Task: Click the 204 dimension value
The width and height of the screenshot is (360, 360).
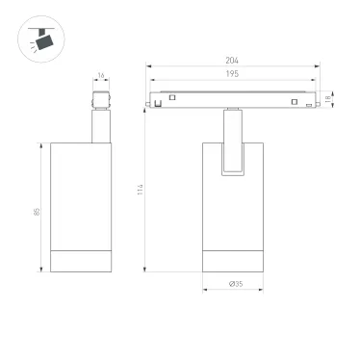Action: click(x=231, y=61)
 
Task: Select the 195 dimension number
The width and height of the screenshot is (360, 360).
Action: click(x=231, y=75)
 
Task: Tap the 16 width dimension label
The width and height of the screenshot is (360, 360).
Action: click(x=100, y=75)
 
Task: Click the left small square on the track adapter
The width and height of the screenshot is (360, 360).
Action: click(x=172, y=97)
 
